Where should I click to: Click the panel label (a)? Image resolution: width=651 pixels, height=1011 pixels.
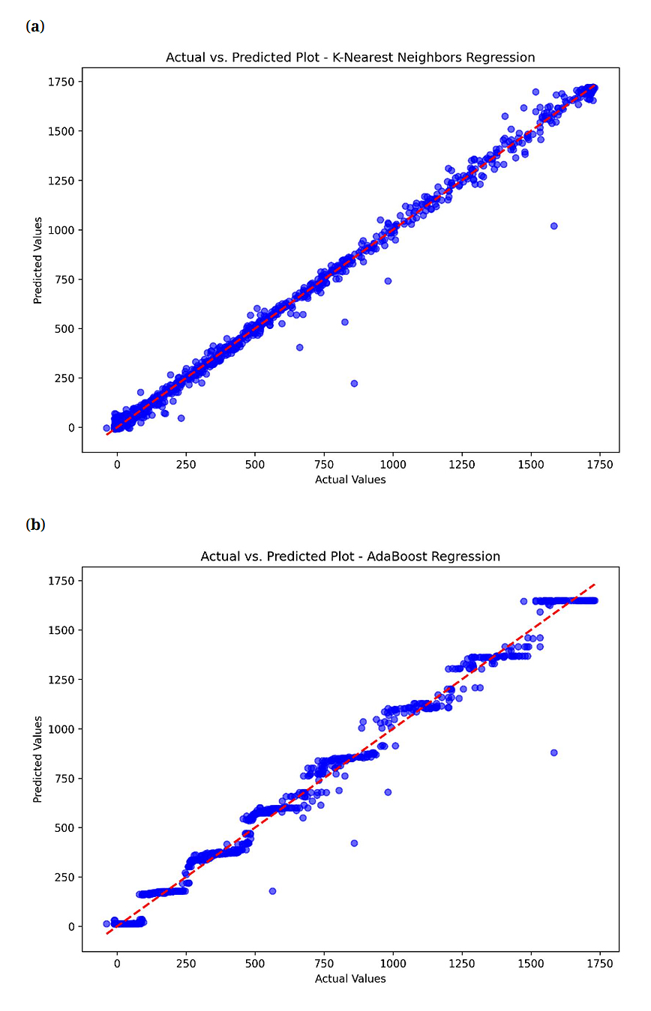click(35, 27)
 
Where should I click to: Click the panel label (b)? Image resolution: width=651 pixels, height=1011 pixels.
click(35, 525)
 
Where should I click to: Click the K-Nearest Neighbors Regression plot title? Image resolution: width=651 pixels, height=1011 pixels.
click(350, 58)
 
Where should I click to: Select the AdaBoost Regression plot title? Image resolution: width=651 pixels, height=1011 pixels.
click(350, 557)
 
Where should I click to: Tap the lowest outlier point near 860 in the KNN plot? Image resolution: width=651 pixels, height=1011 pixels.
click(354, 383)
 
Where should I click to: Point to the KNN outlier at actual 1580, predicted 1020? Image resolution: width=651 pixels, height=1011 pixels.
click(553, 226)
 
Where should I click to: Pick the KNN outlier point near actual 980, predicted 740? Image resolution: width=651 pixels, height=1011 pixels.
click(388, 281)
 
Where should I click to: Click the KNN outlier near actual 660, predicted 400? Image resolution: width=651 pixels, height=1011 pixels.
click(299, 347)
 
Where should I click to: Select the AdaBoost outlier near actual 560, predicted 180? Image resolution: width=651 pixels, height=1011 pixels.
click(272, 891)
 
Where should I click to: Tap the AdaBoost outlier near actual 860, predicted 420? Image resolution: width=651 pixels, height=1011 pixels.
click(354, 843)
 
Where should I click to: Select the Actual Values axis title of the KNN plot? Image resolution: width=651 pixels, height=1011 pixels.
click(350, 480)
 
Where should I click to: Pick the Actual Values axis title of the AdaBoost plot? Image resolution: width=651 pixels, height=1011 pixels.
click(350, 979)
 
